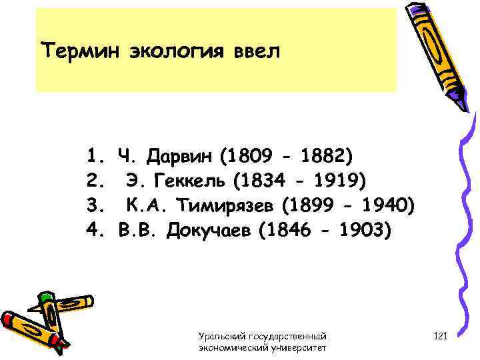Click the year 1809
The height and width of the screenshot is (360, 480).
click(x=251, y=156)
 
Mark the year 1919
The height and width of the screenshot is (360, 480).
click(x=336, y=181)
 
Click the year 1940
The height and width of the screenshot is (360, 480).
click(x=383, y=205)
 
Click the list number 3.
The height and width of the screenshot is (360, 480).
click(x=92, y=205)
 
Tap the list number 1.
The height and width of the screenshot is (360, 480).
click(x=92, y=156)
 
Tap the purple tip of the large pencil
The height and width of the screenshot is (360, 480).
click(x=461, y=102)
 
